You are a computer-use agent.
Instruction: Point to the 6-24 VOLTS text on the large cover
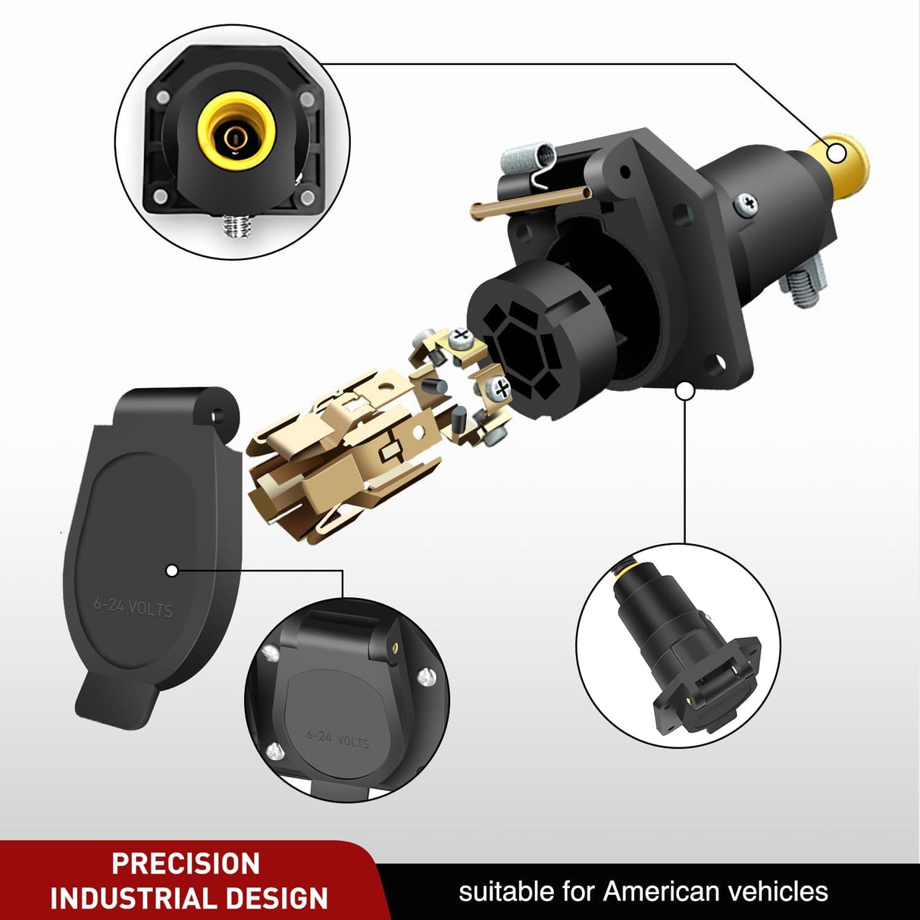coord(133,608)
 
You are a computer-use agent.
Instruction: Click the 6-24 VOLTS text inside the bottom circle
coord(338,739)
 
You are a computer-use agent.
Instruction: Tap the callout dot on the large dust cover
coord(172,570)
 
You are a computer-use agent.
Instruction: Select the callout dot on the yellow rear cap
coord(837,154)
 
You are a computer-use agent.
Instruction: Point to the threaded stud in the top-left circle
coord(237,225)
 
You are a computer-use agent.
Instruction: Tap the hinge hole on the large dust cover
coord(218,416)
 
